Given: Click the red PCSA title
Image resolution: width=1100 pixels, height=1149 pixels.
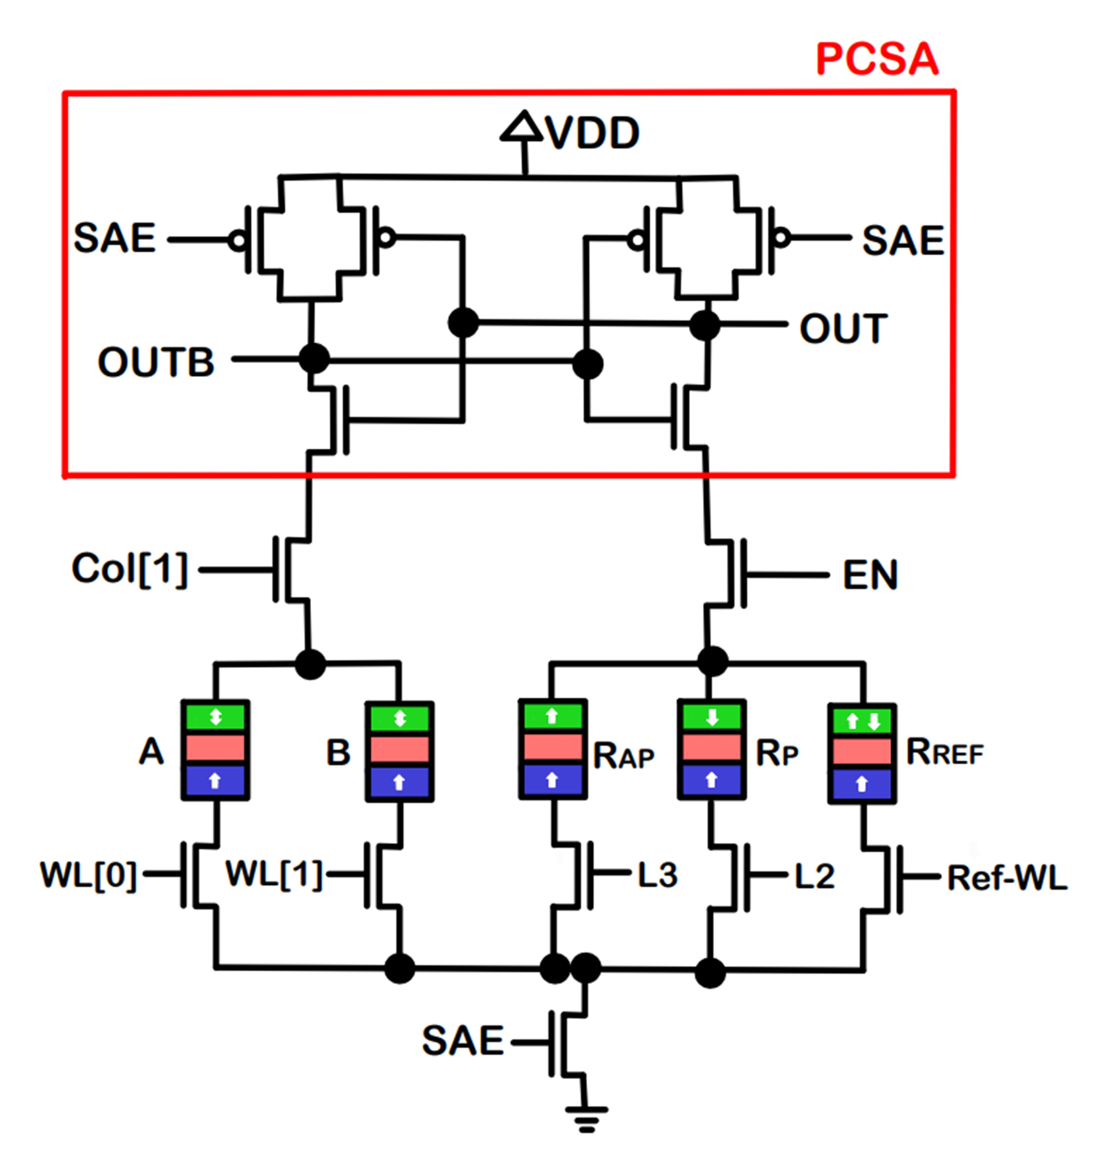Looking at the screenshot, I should tap(877, 59).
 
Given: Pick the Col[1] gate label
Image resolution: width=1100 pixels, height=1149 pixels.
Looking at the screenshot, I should tap(129, 569).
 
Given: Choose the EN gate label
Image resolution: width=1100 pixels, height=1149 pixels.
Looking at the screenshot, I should tap(870, 575).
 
